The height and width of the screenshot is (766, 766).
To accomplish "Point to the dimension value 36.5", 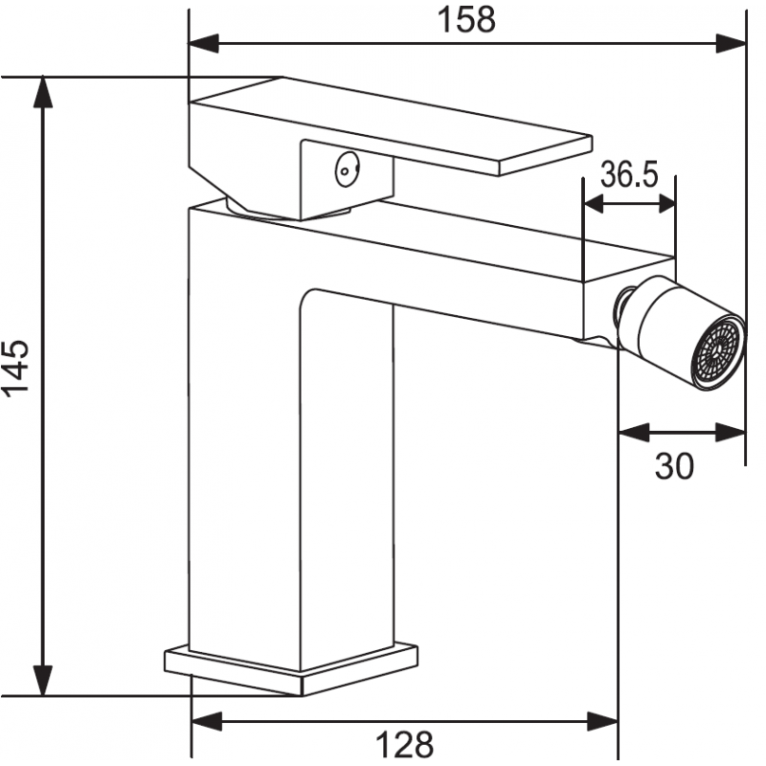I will click(x=629, y=174).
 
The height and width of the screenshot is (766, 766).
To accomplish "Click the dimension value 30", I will click(x=674, y=466).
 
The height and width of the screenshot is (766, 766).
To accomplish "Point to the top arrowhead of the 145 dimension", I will click(x=42, y=89).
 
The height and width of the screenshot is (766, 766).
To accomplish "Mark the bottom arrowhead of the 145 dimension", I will click(x=42, y=684).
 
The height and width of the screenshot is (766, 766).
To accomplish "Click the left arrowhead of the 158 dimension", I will click(x=201, y=42).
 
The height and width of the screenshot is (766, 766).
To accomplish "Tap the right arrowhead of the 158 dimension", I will click(x=732, y=42).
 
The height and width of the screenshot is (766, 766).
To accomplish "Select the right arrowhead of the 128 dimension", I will click(x=605, y=720).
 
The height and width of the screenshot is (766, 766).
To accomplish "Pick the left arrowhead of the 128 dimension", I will click(x=205, y=720).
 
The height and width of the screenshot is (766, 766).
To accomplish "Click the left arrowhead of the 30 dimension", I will click(x=632, y=433).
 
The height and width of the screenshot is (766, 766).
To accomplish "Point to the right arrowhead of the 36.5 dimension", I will click(x=665, y=203).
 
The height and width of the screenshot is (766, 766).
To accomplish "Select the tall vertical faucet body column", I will click(x=244, y=431).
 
